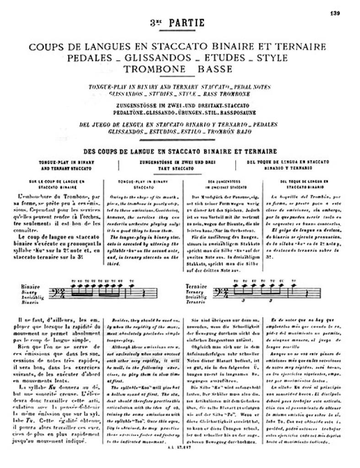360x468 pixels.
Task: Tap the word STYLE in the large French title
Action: tap(272, 58)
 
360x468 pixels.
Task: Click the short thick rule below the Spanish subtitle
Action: tap(180, 138)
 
